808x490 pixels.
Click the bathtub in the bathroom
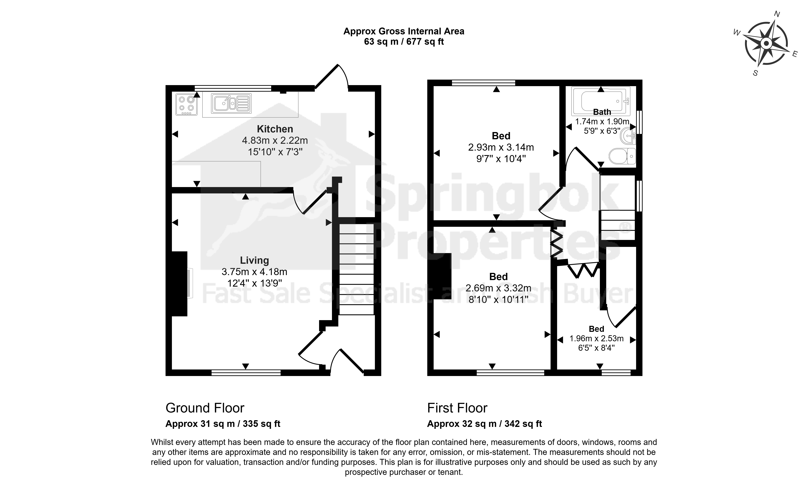coord(601,101)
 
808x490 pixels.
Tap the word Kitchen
coord(275,129)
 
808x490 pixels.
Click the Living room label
coord(255,260)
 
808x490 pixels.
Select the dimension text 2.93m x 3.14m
coord(501,147)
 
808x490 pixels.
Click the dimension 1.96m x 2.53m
coord(596,338)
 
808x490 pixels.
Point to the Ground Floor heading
coord(205,408)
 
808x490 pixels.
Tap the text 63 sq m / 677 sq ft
coord(404,42)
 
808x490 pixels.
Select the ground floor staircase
coord(357,269)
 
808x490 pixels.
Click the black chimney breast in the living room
coord(179,284)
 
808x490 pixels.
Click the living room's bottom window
coord(246,373)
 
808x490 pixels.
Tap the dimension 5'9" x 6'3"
coord(602,131)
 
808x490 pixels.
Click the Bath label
coord(602,112)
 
